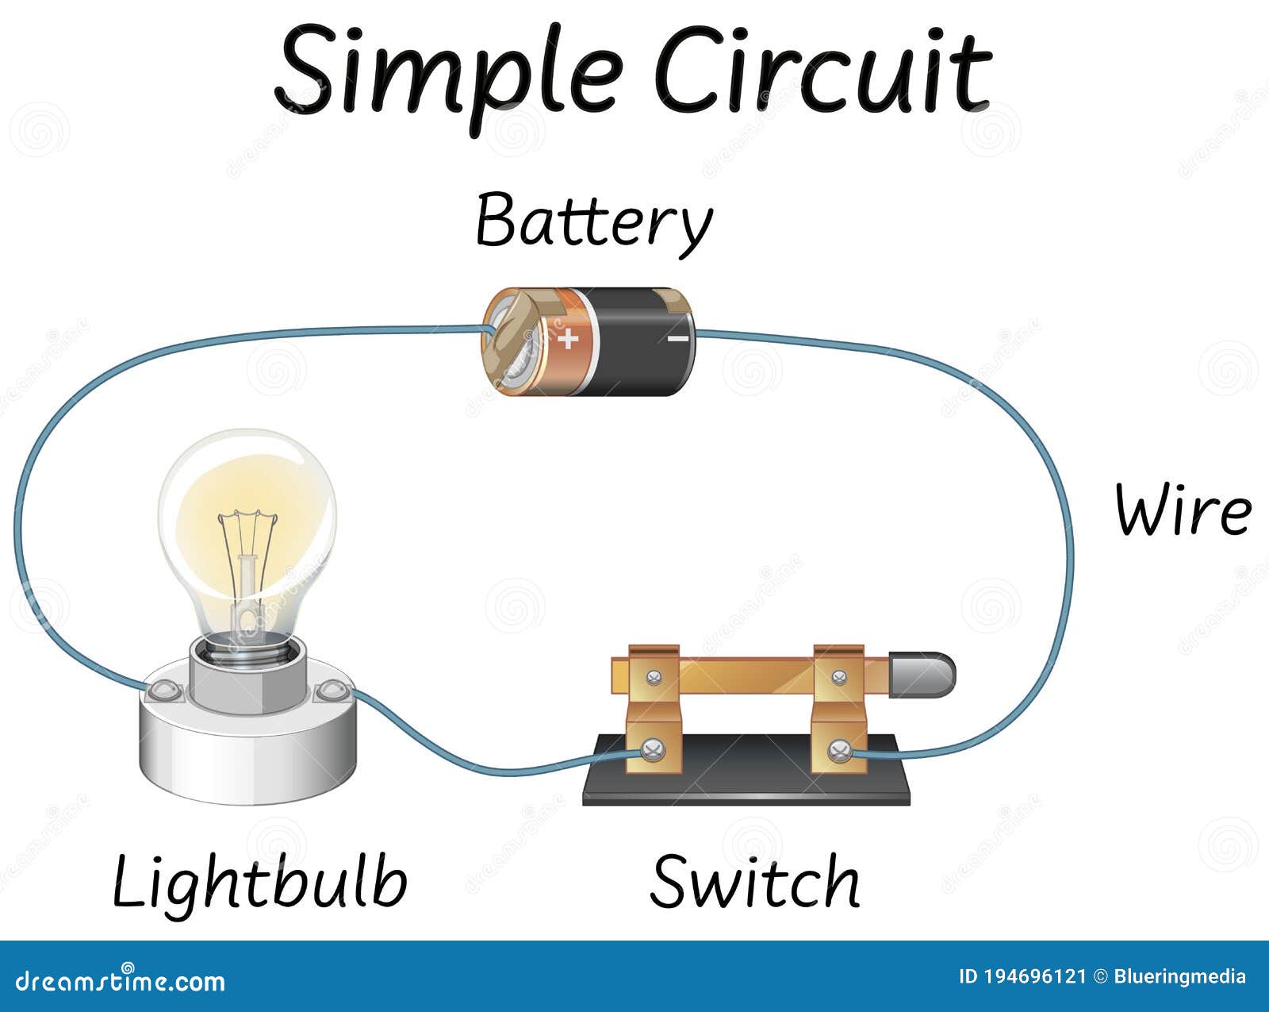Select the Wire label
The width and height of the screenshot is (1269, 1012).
pos(1183,510)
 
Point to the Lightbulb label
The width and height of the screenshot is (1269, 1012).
pos(260,883)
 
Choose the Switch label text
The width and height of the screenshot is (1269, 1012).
pos(754,883)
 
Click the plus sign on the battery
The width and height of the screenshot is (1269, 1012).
pos(568,340)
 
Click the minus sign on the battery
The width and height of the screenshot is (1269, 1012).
pos(678,339)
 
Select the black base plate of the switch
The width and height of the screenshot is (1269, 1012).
pos(746,786)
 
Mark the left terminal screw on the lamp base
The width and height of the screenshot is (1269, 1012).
pos(163,690)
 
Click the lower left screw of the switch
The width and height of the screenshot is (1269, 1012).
pos(653,749)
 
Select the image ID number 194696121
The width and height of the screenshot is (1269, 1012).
pos(1033,977)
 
